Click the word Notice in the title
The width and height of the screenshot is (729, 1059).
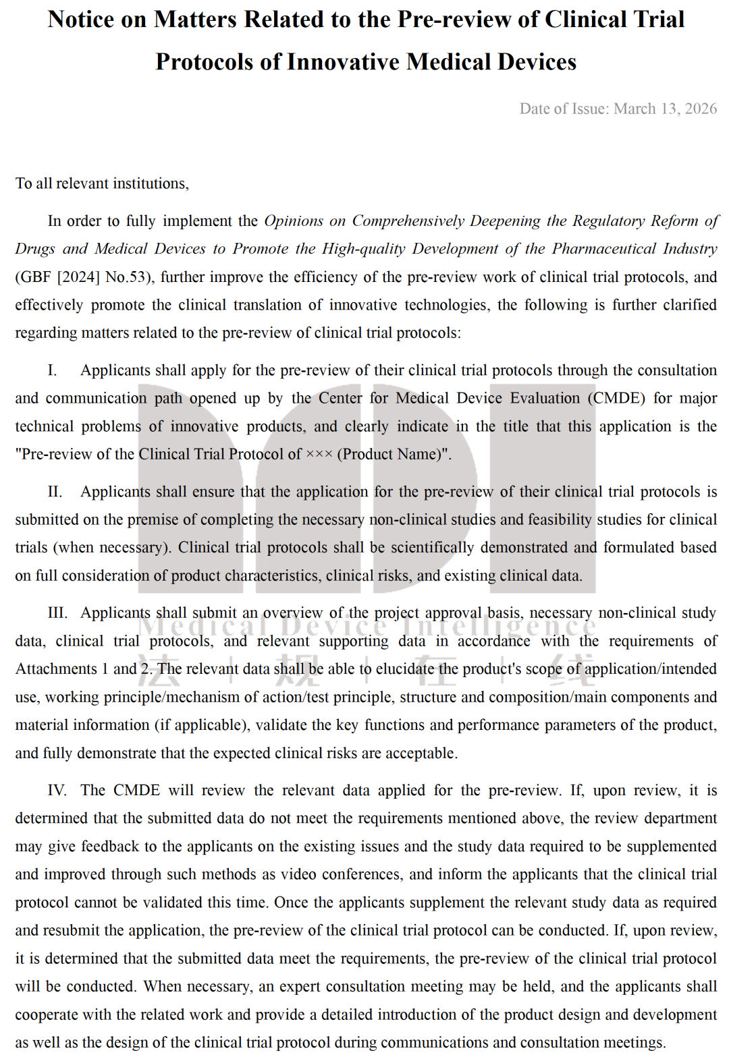81,20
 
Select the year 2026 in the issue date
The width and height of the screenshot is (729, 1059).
701,109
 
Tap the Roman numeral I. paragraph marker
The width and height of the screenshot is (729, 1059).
52,370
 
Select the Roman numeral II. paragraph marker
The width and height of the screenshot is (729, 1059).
55,492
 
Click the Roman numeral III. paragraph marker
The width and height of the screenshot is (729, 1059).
57,612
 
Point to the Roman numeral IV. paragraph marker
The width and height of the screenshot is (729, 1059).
57,791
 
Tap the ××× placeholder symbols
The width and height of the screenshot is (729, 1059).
319,455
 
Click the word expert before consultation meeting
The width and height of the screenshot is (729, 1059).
300,986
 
